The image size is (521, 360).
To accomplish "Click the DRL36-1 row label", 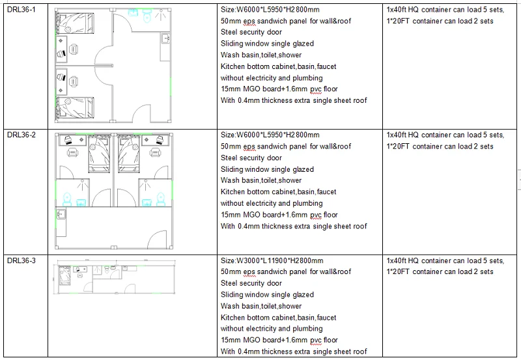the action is (x=21, y=10).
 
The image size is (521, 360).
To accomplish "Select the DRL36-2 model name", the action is (x=21, y=135).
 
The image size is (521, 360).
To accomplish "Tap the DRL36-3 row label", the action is (x=21, y=260).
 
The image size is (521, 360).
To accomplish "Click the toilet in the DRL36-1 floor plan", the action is (x=147, y=15).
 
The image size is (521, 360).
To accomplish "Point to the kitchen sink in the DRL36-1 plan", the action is (x=166, y=38).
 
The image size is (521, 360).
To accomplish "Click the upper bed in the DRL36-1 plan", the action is (x=75, y=23).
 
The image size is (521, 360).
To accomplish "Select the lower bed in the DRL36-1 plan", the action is (x=75, y=107).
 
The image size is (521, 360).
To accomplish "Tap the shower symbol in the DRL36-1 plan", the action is (x=161, y=15).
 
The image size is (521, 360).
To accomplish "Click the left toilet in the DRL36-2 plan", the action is (x=67, y=199).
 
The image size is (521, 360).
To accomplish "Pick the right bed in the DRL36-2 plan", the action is (x=128, y=154).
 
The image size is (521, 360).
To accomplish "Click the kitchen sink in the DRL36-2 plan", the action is (x=61, y=214).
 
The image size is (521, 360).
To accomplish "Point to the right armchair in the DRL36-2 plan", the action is (x=155, y=153).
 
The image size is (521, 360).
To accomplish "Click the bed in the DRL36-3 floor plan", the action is (x=64, y=275).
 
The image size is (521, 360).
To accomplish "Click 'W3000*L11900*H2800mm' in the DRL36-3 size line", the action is (x=280, y=260).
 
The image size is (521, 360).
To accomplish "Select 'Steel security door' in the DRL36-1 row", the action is (x=251, y=32).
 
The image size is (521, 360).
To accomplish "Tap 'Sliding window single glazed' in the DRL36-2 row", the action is (x=267, y=169).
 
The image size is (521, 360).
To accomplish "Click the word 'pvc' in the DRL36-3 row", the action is (x=316, y=340).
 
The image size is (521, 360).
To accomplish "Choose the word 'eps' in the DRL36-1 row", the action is (x=249, y=21).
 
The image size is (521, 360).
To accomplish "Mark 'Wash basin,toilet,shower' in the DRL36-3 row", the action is (x=261, y=306).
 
